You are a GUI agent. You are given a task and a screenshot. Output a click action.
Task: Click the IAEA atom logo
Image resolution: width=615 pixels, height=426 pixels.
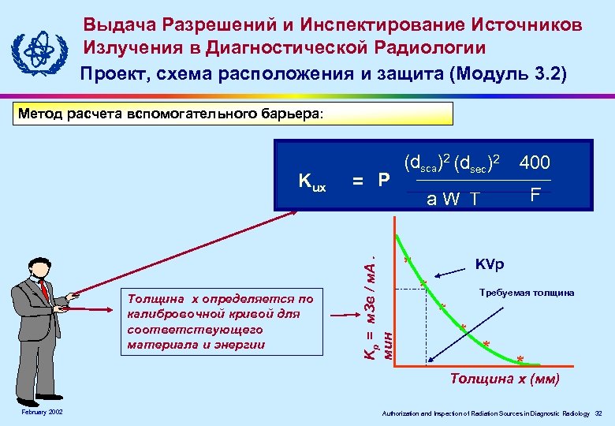[x=36, y=50]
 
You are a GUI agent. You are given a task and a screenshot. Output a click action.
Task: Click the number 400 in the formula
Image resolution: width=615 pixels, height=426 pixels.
[x=535, y=163]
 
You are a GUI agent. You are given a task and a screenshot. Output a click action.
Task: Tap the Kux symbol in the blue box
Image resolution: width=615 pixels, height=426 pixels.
[x=312, y=181]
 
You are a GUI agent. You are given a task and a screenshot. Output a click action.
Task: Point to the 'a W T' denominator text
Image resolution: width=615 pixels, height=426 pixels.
[x=452, y=199]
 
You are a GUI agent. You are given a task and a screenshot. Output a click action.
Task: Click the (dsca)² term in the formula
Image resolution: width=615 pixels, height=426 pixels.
[x=427, y=163]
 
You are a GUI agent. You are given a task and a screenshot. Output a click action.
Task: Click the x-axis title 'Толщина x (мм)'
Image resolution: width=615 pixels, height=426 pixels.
[x=505, y=379]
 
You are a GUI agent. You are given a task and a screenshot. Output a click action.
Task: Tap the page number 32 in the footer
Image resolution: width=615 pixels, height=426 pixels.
[x=598, y=413]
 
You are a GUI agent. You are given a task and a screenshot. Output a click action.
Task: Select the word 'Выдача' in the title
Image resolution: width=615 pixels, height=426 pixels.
[x=119, y=24]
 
